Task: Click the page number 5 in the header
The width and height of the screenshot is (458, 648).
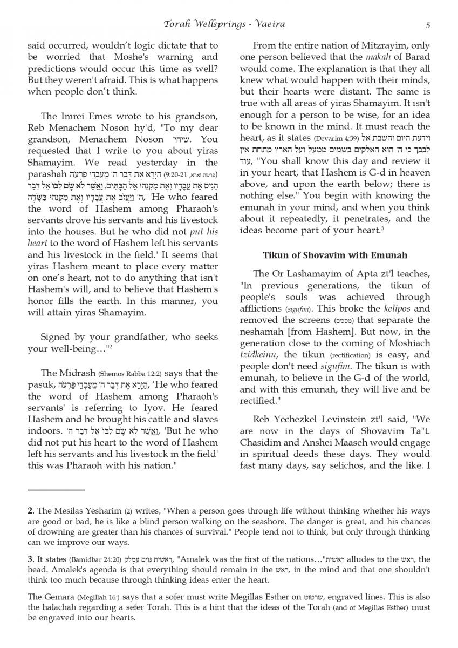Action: pos(428,24)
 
